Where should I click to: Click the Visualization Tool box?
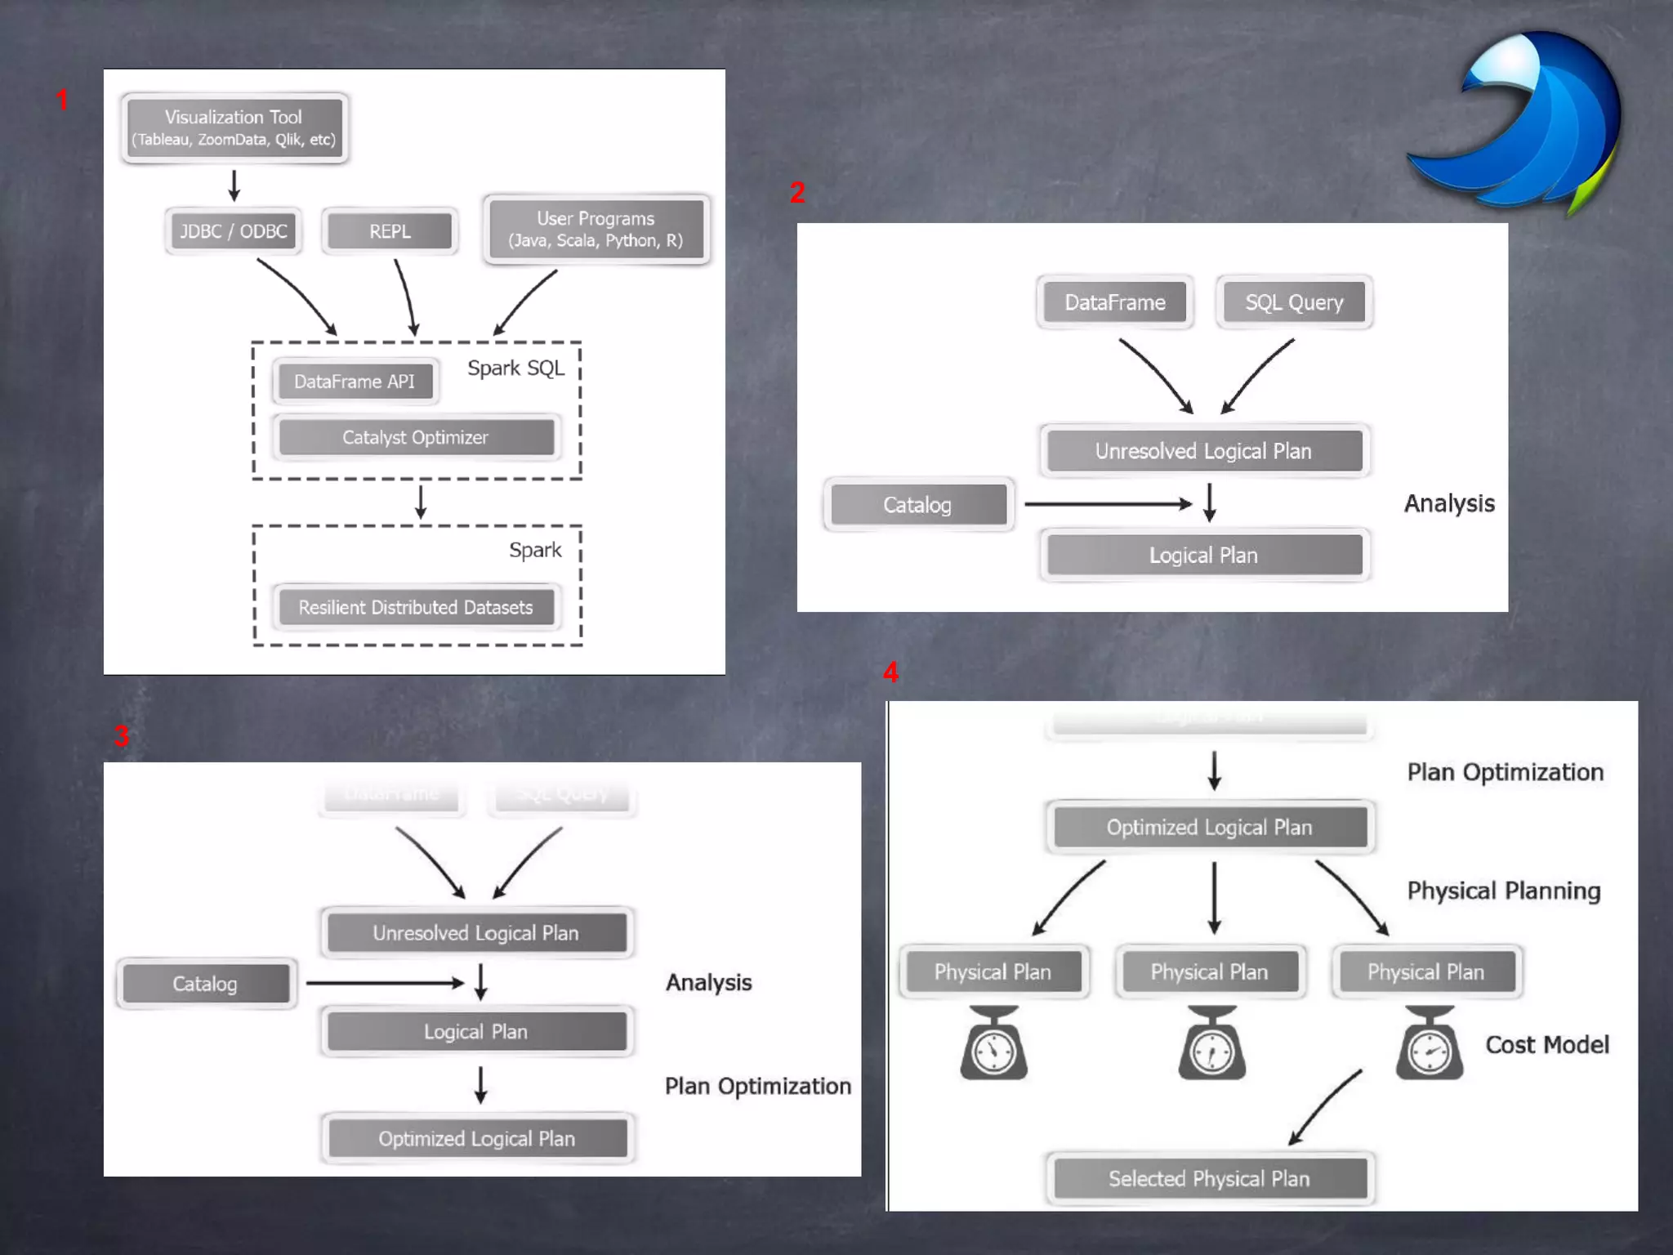pos(234,128)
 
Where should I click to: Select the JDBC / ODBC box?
pos(234,231)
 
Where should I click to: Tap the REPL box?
pos(390,231)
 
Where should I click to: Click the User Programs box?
pos(596,230)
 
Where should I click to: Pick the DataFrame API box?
pos(355,382)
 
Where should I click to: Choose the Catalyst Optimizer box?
pos(416,438)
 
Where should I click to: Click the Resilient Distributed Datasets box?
pos(416,608)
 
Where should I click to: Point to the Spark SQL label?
pos(515,368)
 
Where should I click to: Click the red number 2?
pos(797,193)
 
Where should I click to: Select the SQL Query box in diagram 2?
pos(1294,303)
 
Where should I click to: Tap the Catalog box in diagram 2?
pos(918,505)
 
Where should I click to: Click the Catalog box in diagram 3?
pos(205,984)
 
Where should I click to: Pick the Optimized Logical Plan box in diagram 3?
pos(477,1139)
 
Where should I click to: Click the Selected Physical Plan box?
pos(1210,1179)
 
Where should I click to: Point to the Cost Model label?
pos(1546,1045)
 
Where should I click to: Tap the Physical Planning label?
pos(1503,891)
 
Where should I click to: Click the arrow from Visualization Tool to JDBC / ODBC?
pos(234,185)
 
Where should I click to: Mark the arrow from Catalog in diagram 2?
pos(1108,504)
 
